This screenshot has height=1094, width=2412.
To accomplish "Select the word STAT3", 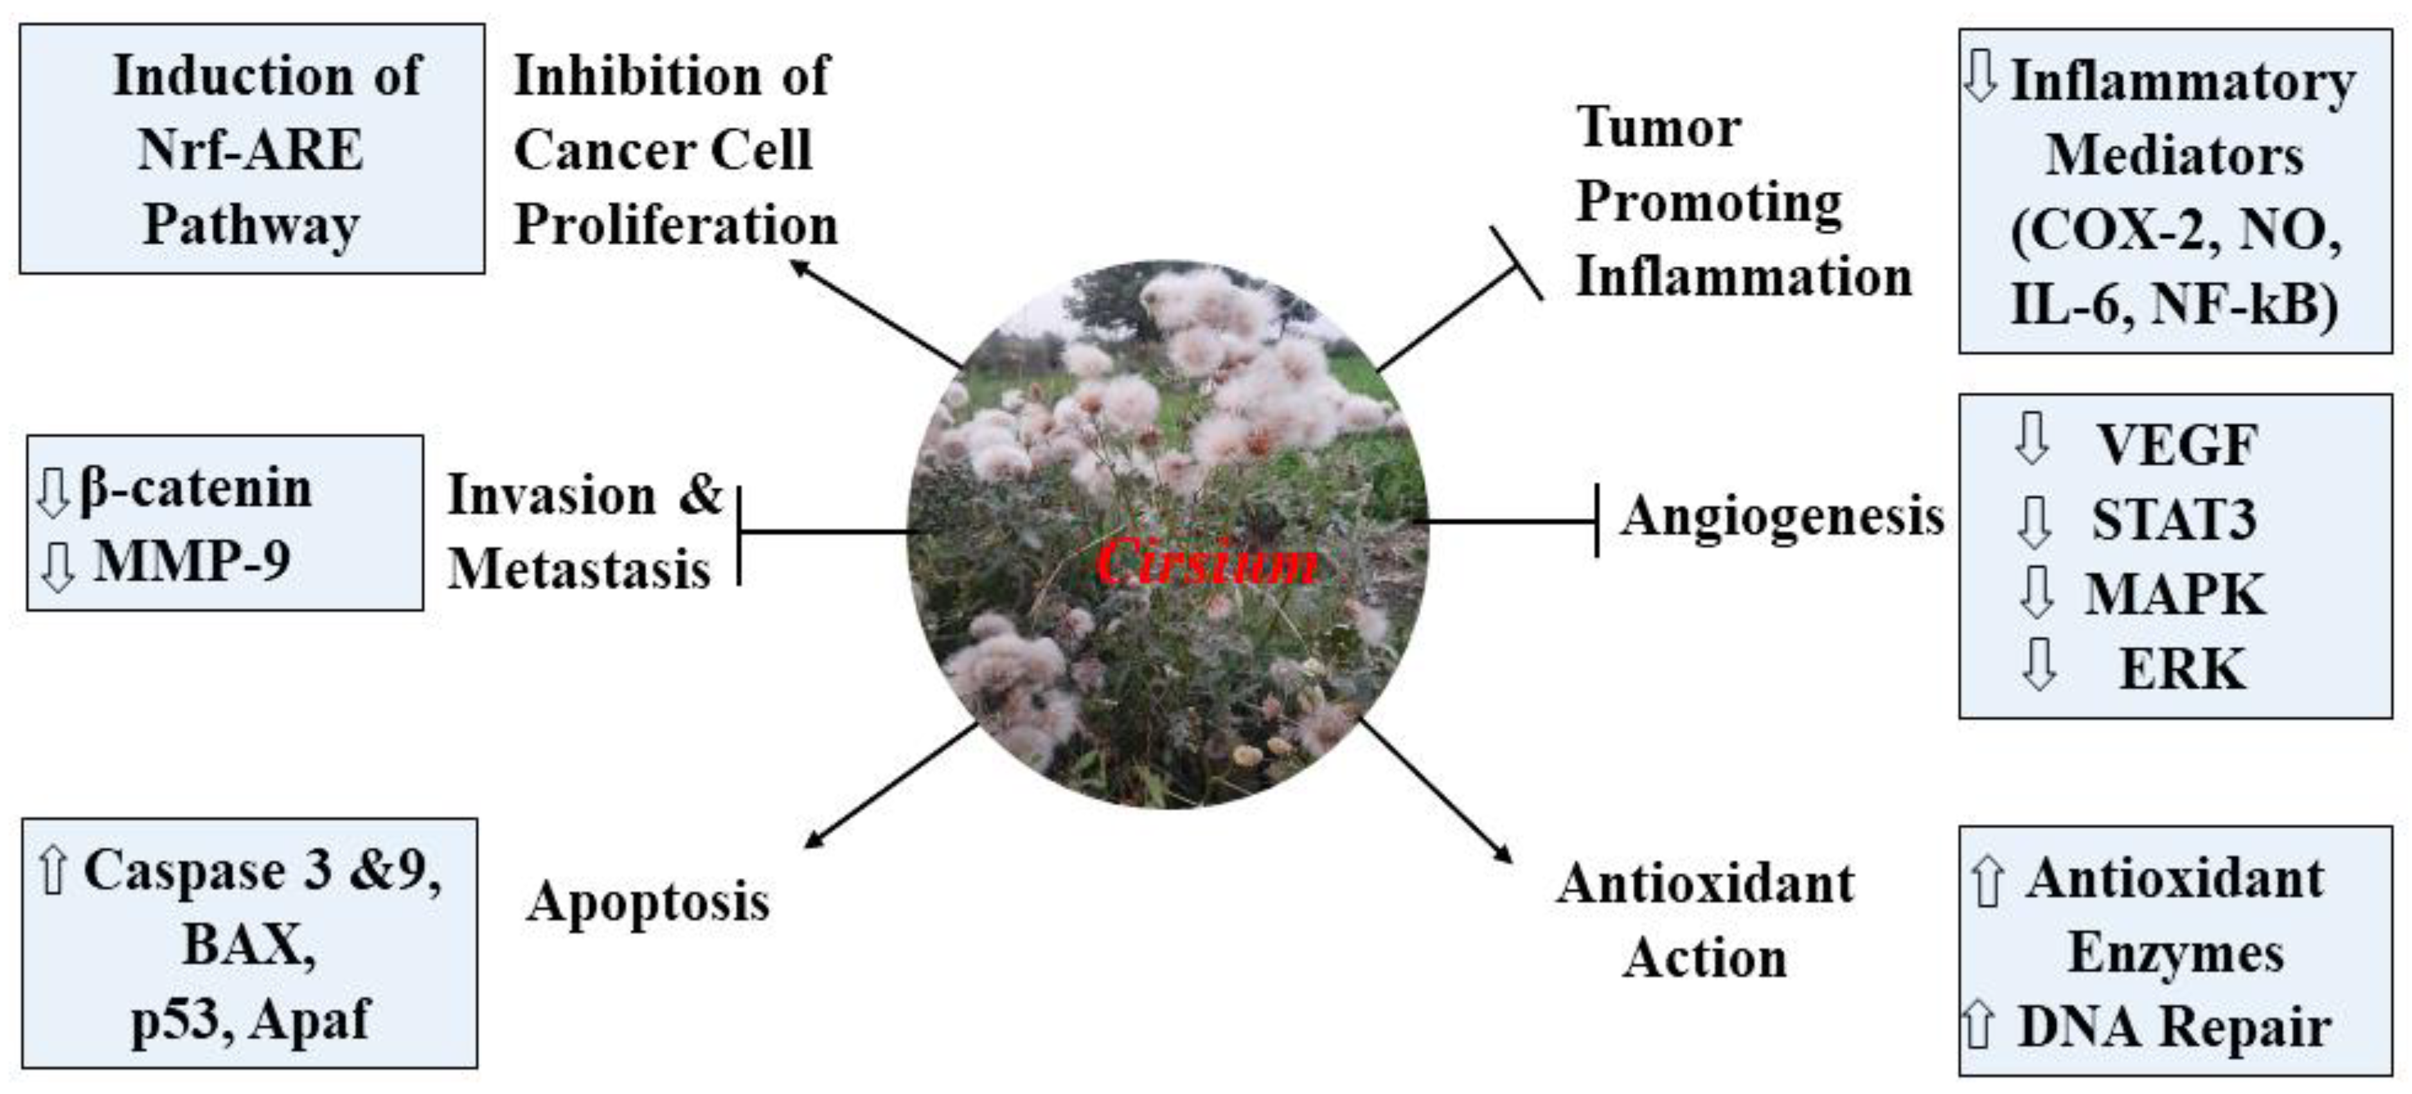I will point(2174,520).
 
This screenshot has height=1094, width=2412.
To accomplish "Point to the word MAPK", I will point(2174,594).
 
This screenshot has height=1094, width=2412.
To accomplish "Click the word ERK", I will point(2182,668).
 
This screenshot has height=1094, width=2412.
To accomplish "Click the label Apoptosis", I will point(648,902).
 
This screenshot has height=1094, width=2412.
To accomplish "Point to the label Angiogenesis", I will point(1783,516).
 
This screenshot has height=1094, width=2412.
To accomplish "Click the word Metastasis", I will point(578,569).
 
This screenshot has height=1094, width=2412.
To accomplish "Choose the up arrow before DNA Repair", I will point(1978,1026).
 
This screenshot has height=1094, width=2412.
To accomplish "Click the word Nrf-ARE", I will point(249,150).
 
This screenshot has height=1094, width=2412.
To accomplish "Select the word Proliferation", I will point(675,226).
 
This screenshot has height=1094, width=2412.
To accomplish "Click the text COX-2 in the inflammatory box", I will point(2118,229).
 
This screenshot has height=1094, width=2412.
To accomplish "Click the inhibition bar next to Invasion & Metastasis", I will point(740,535).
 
